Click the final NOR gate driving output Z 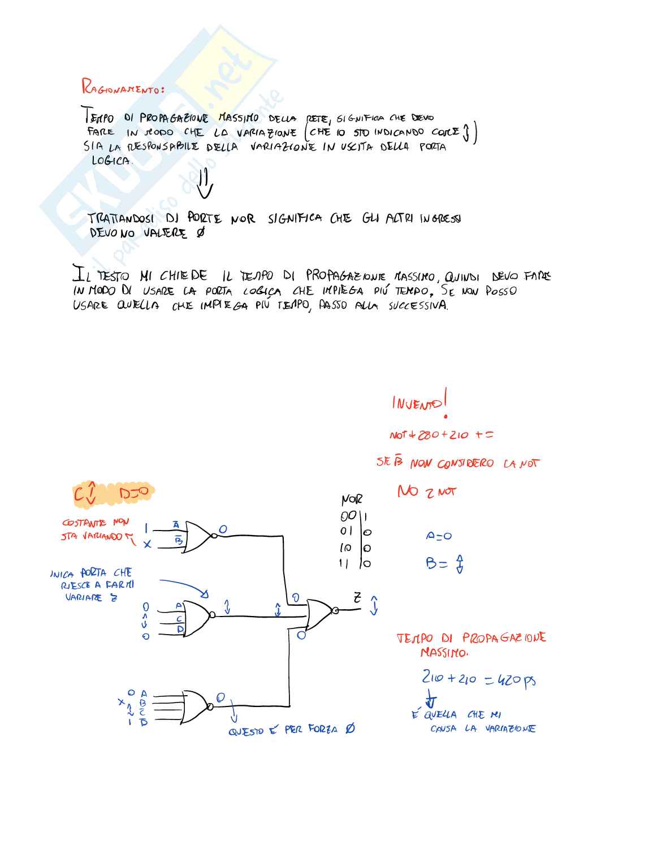coord(320,614)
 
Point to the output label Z coord(357,597)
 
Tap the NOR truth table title coord(351,500)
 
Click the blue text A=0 coord(439,536)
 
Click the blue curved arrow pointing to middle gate coord(184,586)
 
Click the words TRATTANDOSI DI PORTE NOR coord(171,218)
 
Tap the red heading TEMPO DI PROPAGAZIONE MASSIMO coord(470,644)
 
